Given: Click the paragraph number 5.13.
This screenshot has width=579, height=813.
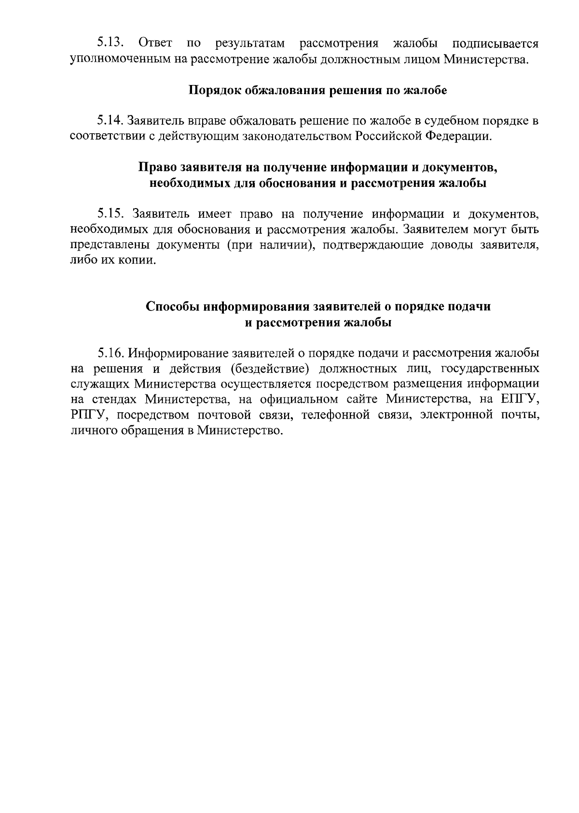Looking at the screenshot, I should (x=111, y=44).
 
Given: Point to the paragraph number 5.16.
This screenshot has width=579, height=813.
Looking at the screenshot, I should (x=111, y=353).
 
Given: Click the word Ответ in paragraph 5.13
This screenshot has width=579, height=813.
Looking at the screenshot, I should (x=155, y=44).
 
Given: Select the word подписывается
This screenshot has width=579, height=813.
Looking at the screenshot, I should (x=495, y=44).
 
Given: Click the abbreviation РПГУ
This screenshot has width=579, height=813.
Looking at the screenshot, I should (x=87, y=415).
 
